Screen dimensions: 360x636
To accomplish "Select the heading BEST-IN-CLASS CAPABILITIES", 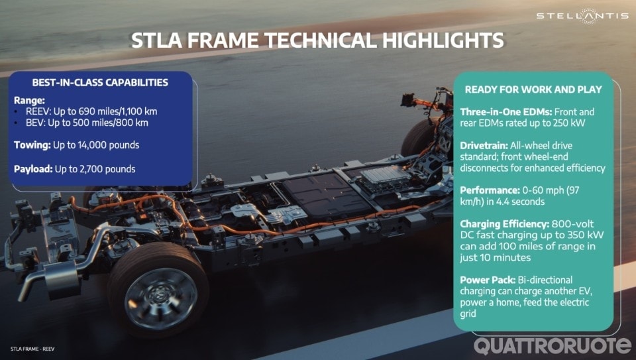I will [100, 83].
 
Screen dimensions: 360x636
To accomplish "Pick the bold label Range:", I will [30, 99].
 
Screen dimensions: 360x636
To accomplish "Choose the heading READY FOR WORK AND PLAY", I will [533, 90].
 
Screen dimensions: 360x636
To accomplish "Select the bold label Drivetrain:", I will [489, 145].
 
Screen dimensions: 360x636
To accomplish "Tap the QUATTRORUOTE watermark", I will [553, 345].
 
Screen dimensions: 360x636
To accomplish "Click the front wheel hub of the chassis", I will [160, 294].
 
